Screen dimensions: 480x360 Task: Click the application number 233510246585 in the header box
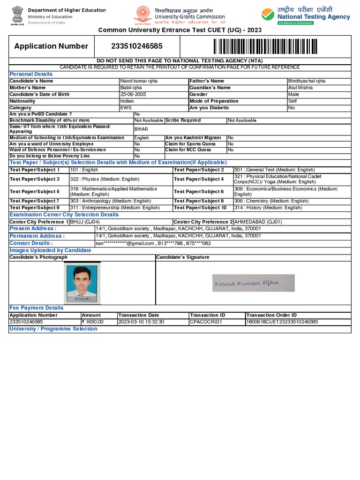tap(137, 46)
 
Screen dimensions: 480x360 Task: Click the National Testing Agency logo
tap(306, 16)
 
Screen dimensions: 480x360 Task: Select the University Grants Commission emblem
tap(142, 15)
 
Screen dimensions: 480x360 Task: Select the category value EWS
tap(126, 108)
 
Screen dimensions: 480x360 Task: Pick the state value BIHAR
tap(141, 129)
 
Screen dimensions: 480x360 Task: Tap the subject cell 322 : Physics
tap(98, 179)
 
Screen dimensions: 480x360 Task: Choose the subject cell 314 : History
tap(268, 208)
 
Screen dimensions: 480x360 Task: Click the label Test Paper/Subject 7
tap(35, 201)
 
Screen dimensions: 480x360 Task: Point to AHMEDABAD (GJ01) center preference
tap(258, 222)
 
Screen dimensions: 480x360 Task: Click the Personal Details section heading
tap(31, 74)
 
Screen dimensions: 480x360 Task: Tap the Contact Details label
tap(31, 243)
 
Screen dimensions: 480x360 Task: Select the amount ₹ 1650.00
tap(92, 322)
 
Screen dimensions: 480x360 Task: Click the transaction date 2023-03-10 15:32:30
tap(141, 322)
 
